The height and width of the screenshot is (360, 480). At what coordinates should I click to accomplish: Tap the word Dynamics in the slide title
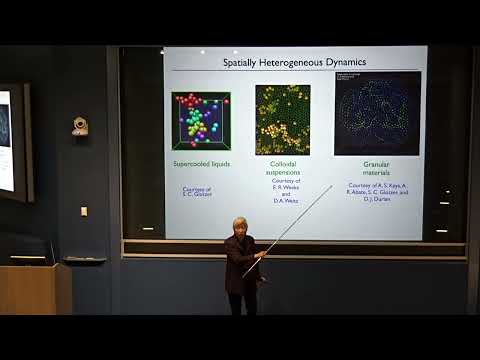point(346,62)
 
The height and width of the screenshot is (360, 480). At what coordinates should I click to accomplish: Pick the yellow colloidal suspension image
point(283,120)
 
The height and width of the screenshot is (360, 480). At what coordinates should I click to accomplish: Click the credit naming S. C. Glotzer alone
point(201,192)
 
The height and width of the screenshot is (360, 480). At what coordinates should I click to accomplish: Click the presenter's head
point(240,228)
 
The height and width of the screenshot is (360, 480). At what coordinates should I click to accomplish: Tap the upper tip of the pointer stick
point(331,186)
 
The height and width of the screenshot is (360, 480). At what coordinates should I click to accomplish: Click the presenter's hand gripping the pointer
point(259,256)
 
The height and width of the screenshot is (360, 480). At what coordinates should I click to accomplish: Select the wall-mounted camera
point(79,126)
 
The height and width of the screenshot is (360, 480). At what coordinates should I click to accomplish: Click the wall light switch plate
point(84,211)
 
